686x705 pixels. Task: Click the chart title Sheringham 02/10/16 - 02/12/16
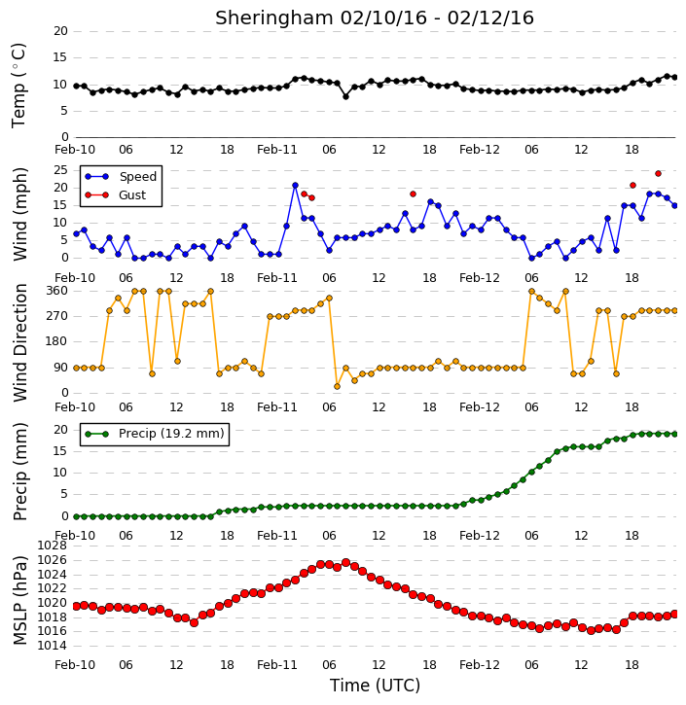click(375, 18)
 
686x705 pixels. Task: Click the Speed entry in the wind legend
click(121, 177)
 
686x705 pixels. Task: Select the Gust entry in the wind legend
click(116, 195)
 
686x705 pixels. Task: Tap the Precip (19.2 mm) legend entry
click(155, 434)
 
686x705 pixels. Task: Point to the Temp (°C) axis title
click(18, 86)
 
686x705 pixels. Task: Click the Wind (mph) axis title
click(19, 214)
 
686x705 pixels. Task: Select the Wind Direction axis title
click(19, 342)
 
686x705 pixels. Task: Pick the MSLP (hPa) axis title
click(19, 600)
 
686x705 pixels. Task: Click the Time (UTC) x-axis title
click(375, 686)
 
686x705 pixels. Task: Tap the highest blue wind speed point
click(295, 185)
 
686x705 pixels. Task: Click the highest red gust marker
click(658, 173)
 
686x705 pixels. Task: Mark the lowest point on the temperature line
click(345, 96)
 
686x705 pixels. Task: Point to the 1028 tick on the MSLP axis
click(52, 546)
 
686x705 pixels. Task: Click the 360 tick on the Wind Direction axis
click(57, 291)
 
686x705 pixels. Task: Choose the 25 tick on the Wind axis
click(60, 170)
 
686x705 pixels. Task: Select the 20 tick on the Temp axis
click(60, 31)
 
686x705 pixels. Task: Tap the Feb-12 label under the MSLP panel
click(480, 665)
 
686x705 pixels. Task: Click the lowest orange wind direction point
click(337, 387)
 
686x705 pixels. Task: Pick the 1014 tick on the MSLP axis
click(52, 646)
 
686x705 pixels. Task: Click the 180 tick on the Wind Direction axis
click(57, 341)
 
